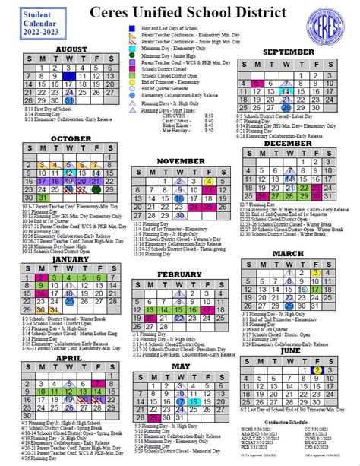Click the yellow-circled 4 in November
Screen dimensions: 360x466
tap(208, 182)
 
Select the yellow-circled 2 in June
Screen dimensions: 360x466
tap(317, 370)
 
